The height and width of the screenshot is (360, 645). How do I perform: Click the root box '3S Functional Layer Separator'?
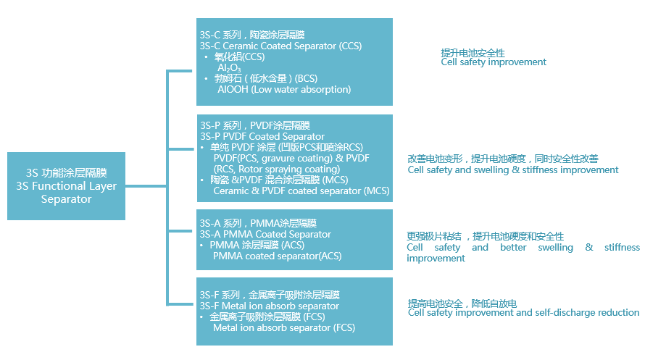[66, 186]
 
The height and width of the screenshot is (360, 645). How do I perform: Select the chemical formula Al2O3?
[229, 68]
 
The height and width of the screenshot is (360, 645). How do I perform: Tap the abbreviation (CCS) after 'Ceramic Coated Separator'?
[351, 46]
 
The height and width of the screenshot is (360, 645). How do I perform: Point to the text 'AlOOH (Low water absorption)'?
[284, 90]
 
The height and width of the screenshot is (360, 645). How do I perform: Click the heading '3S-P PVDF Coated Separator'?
[262, 136]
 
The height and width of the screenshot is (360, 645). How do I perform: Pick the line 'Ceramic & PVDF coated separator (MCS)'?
[301, 191]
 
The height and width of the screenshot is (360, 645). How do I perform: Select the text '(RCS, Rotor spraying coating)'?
[277, 169]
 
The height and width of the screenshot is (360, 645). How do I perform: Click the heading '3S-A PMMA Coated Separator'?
[265, 234]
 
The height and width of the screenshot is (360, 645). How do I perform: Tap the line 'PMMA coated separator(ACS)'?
[278, 256]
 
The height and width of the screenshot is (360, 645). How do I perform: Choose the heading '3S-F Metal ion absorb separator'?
[270, 306]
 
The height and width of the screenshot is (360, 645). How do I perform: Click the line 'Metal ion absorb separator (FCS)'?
[284, 328]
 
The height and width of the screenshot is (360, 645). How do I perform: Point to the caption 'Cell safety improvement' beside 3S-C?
[494, 62]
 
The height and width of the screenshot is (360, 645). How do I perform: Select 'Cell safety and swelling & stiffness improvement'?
[513, 170]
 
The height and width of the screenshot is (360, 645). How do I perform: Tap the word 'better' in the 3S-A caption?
[513, 248]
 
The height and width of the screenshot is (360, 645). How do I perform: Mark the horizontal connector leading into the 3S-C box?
[180, 71]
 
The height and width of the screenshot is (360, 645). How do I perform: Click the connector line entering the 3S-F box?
[180, 304]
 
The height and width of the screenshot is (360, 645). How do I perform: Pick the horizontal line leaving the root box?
[146, 186]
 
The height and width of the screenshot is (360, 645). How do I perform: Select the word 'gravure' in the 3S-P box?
[278, 159]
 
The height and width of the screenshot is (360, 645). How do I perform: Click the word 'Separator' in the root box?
[66, 199]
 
